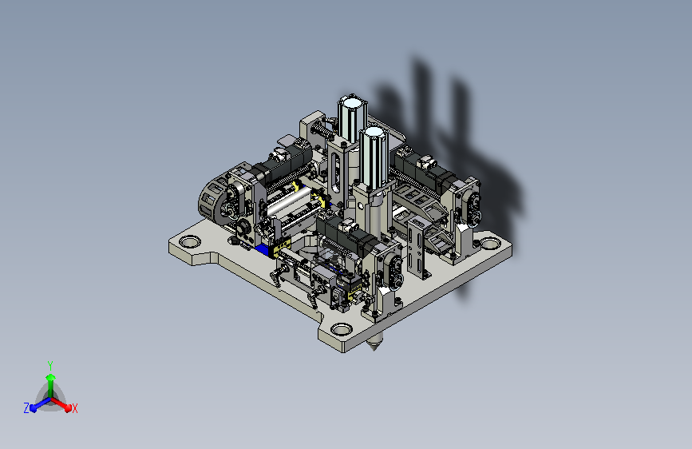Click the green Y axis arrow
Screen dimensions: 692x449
click(x=51, y=386)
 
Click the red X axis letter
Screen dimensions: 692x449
click(x=74, y=408)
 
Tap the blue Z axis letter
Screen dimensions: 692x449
click(x=26, y=408)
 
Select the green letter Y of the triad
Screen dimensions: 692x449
click(x=50, y=366)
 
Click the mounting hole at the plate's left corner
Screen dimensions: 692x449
click(x=190, y=242)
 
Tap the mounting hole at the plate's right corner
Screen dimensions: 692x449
click(x=488, y=243)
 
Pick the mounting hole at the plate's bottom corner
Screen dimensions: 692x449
click(x=341, y=329)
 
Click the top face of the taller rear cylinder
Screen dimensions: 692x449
click(x=352, y=103)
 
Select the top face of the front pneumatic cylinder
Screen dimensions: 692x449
click(x=374, y=132)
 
